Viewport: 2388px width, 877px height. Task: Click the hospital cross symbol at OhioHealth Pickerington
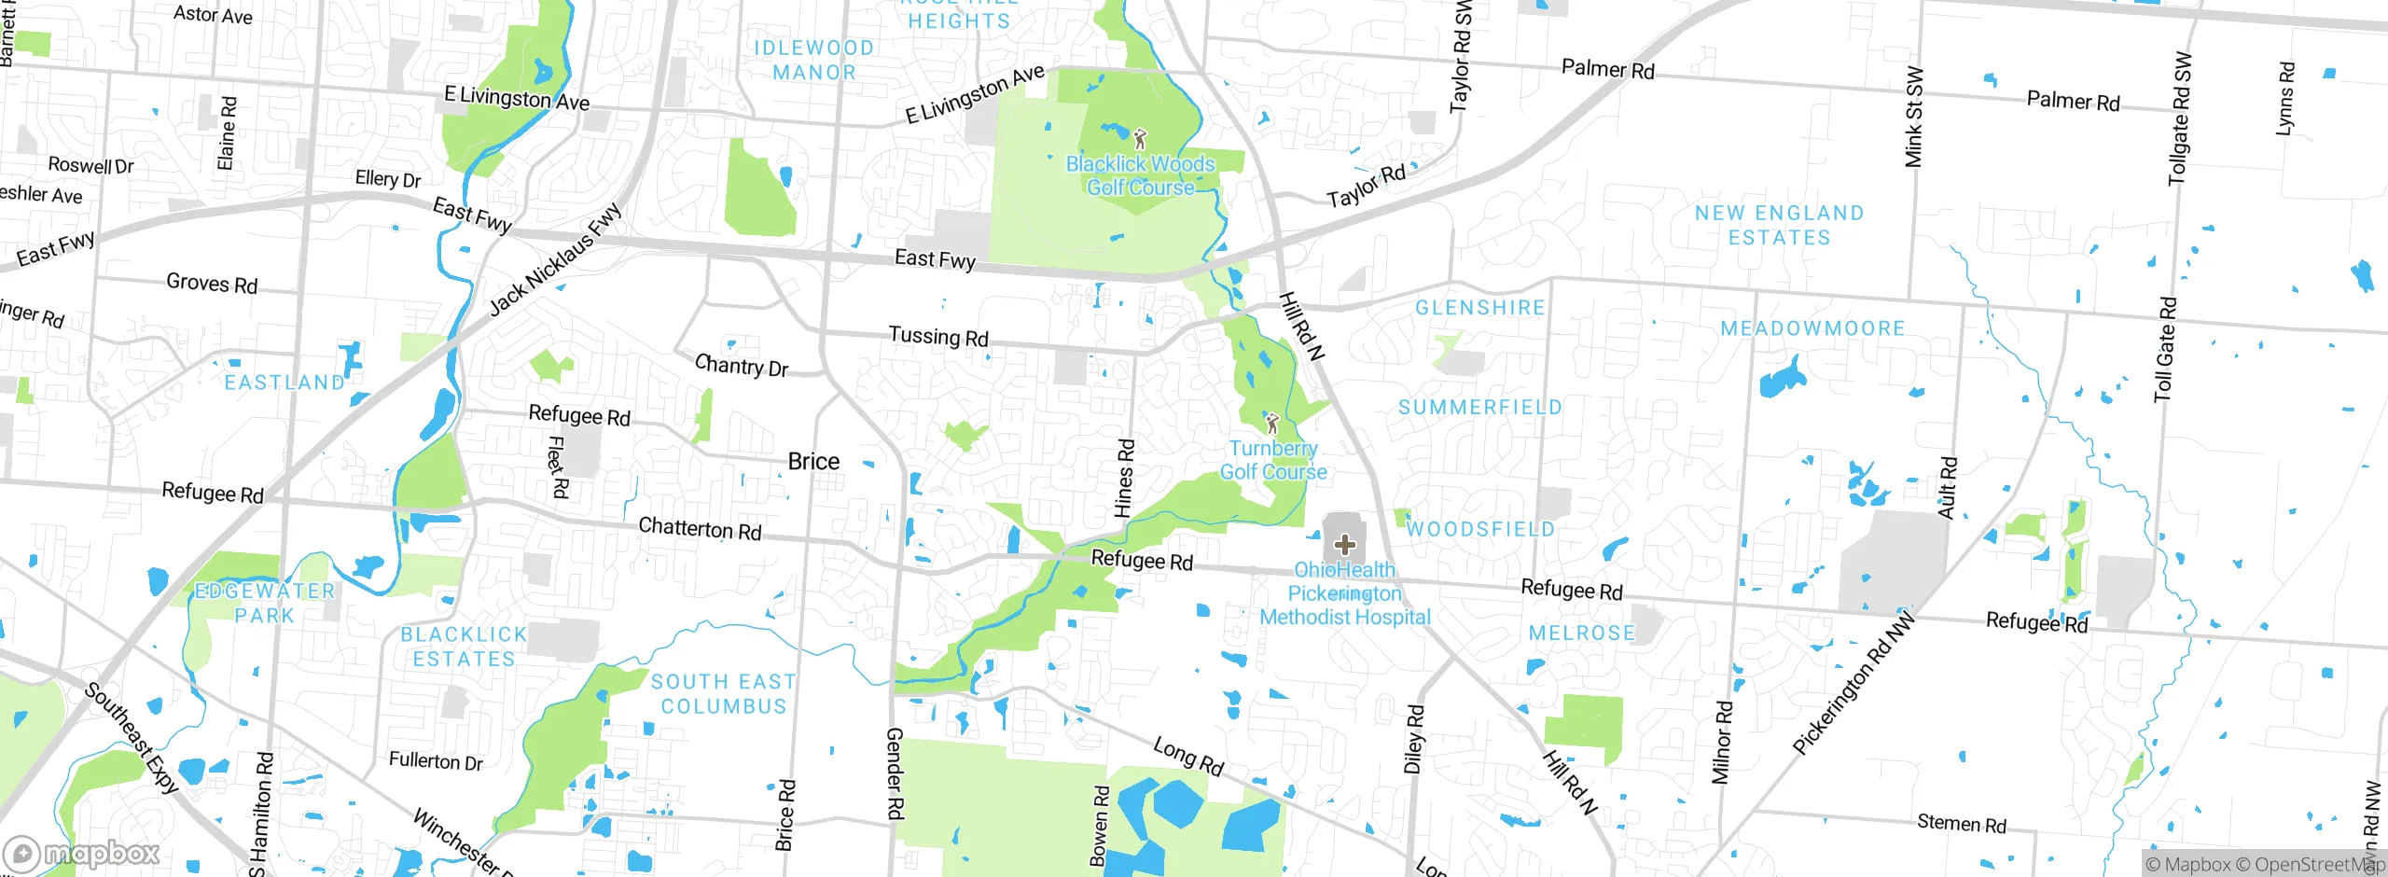1344,544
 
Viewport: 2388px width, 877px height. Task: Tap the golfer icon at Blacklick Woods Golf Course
1139,140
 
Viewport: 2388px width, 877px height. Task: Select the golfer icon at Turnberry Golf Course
1271,424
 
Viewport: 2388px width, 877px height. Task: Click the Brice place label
813,461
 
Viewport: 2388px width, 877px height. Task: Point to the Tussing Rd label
937,336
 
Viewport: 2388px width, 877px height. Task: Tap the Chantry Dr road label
741,365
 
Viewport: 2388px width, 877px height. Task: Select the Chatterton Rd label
700,528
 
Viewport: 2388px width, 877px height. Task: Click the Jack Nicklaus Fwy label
555,259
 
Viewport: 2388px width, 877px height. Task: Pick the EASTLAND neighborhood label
285,382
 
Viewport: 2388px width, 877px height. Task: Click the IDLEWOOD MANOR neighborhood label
813,60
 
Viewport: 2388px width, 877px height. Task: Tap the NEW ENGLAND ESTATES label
1779,225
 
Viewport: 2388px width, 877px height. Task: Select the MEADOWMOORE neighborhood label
1812,328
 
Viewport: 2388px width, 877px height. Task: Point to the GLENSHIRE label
1479,308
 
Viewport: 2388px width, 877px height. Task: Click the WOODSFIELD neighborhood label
1480,529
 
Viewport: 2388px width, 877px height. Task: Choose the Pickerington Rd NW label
1853,683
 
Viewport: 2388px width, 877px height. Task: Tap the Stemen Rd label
1961,823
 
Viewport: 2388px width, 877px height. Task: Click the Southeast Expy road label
132,737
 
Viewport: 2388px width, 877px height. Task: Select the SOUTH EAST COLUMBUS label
723,693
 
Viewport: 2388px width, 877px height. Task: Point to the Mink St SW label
1913,117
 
